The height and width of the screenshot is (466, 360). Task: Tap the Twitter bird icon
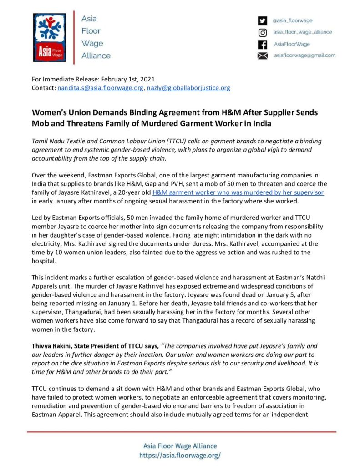pyautogui.click(x=262, y=20)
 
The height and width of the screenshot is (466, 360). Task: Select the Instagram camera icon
pyautogui.click(x=262, y=32)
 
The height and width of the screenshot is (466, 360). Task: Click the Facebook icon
pyautogui.click(x=262, y=44)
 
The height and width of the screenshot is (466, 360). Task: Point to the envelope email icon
pyautogui.click(x=262, y=56)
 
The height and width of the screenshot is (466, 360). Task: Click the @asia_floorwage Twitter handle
pyautogui.click(x=292, y=20)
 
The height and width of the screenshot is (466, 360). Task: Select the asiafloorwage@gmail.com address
pyautogui.click(x=304, y=56)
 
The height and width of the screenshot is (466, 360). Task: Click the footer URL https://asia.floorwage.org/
pyautogui.click(x=180, y=455)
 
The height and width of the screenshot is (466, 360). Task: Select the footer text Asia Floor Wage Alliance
pyautogui.click(x=180, y=446)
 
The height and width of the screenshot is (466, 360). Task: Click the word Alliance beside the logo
pyautogui.click(x=96, y=56)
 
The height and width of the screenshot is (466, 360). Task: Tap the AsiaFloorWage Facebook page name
pyautogui.click(x=291, y=44)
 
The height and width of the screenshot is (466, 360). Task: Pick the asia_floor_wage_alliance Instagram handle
pyautogui.click(x=302, y=32)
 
